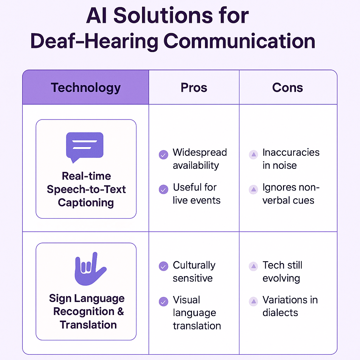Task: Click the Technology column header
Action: pos(86,88)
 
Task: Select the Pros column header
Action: pos(194,88)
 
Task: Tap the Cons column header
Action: pos(288,88)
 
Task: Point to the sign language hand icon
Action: pos(90,269)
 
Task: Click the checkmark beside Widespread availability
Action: pos(163,155)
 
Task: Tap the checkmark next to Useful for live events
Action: pos(163,189)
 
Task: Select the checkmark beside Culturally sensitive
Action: pos(163,266)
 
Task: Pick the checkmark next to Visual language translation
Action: pos(163,302)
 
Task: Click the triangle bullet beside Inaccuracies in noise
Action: pos(253,155)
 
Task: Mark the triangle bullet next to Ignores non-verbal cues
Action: pos(253,189)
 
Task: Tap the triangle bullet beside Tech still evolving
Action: pos(253,266)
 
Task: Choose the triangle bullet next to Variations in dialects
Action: pos(253,301)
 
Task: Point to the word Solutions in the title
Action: pos(163,15)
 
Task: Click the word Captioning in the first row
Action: pos(86,203)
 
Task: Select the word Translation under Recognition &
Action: pos(88,325)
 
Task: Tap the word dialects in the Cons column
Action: pos(280,313)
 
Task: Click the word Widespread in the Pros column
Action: pos(200,153)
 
